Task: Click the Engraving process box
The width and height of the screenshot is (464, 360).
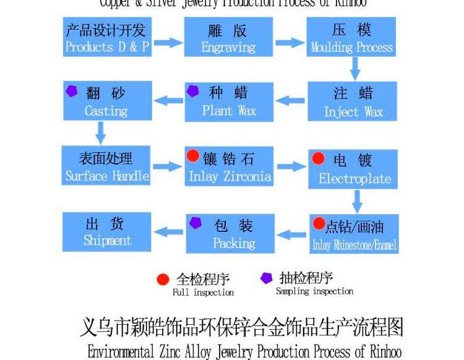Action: point(229,38)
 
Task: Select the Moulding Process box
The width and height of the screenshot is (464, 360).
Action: point(351,38)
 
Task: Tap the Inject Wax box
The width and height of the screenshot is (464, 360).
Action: point(353,102)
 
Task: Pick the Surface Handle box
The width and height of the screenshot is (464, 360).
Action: point(107,167)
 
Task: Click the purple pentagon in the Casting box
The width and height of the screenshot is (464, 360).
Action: point(72,91)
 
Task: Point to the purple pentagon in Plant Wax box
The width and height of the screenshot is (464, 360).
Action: point(194,92)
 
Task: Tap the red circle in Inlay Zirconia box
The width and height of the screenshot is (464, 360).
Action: point(194,156)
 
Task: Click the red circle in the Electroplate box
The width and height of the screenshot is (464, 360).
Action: point(319,159)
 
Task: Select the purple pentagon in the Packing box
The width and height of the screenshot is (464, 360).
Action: point(195,223)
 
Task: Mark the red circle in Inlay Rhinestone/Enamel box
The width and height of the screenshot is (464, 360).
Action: point(319,223)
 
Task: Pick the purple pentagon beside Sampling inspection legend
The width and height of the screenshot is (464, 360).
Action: point(267,278)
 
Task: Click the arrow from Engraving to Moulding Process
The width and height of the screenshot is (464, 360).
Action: point(289,43)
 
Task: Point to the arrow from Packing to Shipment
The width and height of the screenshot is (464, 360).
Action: point(168,231)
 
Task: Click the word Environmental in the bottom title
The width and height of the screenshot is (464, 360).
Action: point(121,351)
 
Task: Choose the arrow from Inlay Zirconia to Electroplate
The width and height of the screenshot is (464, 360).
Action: point(291,166)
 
